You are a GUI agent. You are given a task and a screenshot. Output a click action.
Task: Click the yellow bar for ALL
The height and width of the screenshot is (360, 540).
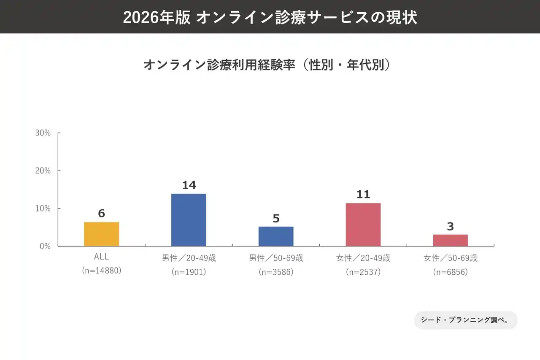[101, 234]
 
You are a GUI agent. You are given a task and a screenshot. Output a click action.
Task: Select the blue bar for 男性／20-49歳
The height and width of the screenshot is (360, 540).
[189, 220]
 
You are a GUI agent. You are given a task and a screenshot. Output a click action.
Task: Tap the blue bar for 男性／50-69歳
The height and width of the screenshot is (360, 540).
[276, 236]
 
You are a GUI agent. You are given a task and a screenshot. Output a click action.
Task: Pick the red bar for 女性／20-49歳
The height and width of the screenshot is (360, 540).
[363, 225]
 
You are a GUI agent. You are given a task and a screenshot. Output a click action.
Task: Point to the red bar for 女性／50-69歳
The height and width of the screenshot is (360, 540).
[450, 240]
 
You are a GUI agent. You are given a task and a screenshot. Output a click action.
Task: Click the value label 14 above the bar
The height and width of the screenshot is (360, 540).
[189, 185]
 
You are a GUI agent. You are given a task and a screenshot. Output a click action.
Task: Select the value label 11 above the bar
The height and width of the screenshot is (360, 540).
[363, 194]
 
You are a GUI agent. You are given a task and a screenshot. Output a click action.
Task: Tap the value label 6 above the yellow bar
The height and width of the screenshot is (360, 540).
[101, 214]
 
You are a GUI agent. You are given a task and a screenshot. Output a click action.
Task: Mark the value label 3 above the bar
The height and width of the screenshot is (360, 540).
[450, 226]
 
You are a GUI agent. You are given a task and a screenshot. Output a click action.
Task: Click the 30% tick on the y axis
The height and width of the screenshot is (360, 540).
[43, 133]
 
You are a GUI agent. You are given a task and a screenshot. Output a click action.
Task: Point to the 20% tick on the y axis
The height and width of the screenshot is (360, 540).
[43, 171]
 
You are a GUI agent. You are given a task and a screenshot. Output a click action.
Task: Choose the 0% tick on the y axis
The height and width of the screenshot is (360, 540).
[45, 246]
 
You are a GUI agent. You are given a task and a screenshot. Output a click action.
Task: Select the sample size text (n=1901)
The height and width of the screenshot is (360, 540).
[189, 272]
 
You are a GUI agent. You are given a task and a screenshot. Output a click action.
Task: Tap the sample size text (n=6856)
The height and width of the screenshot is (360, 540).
[450, 272]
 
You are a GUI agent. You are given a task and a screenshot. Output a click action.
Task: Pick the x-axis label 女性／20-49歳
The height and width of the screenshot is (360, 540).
[363, 258]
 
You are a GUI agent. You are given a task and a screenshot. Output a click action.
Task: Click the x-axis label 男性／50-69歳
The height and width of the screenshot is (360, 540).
[276, 258]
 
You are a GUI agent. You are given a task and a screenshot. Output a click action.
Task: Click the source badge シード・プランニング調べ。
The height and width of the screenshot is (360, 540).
[465, 320]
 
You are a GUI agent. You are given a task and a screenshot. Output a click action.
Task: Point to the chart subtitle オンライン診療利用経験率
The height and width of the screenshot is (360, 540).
[219, 65]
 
